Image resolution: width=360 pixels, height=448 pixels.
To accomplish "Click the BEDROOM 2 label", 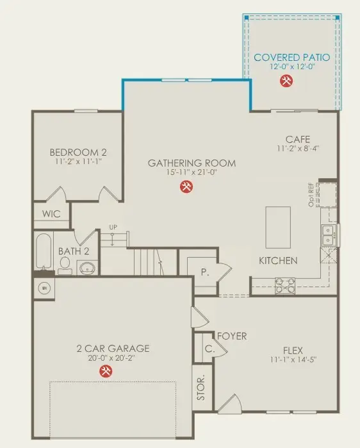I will click(78, 153).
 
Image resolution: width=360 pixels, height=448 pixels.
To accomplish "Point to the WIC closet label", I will click(51, 213).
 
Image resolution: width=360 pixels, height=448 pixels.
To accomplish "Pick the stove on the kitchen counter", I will click(284, 285).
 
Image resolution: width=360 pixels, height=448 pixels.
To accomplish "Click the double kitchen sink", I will click(327, 235).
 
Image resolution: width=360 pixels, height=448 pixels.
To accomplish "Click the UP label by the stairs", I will click(113, 228).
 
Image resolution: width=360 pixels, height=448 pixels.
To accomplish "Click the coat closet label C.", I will click(209, 349).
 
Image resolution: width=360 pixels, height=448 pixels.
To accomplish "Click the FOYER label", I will click(232, 335).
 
